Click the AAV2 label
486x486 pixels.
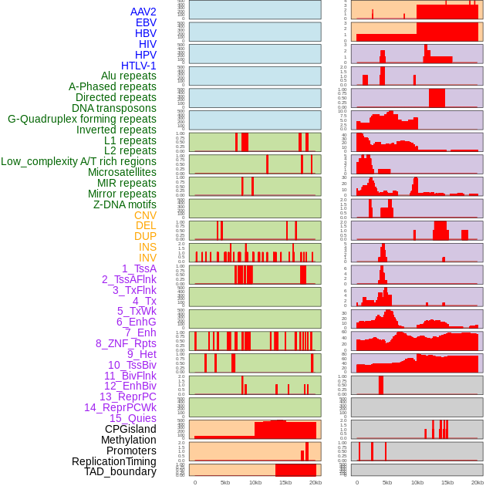coord(143,12)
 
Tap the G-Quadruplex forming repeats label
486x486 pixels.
coord(82,119)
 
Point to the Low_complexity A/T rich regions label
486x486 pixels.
coord(79,161)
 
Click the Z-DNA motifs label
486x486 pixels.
coord(124,204)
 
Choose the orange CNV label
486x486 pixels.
coord(145,215)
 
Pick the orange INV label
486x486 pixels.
coord(147,258)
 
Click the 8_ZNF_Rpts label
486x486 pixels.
coord(126,343)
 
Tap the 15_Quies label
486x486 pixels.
coord(133,418)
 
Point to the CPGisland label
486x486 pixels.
coord(130,429)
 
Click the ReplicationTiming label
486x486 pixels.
coord(113,461)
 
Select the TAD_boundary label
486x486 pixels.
coord(120,471)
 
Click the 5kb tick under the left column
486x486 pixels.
coord(225,482)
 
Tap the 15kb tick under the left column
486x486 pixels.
coord(285,482)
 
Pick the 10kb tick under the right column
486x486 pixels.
coord(417,482)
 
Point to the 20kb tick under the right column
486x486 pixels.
coord(478,482)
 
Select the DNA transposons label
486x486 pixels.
coord(114,108)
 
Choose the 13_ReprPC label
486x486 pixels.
coord(127,397)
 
